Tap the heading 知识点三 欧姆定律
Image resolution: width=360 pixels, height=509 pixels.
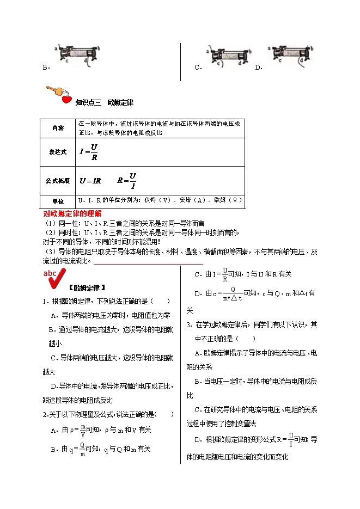[104, 102]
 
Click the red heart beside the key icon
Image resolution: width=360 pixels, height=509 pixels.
[66, 100]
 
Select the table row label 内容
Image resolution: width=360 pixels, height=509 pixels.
[58, 128]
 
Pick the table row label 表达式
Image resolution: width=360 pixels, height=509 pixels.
[58, 152]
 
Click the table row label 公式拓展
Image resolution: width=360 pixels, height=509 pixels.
[58, 179]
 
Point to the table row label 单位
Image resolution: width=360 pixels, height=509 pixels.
[58, 201]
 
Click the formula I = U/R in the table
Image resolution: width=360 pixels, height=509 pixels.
[89, 152]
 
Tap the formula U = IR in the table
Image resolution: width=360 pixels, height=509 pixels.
[90, 180]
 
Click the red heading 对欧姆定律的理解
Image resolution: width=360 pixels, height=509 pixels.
[72, 214]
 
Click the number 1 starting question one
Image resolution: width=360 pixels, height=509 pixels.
[45, 301]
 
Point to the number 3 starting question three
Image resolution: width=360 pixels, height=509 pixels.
[188, 325]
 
